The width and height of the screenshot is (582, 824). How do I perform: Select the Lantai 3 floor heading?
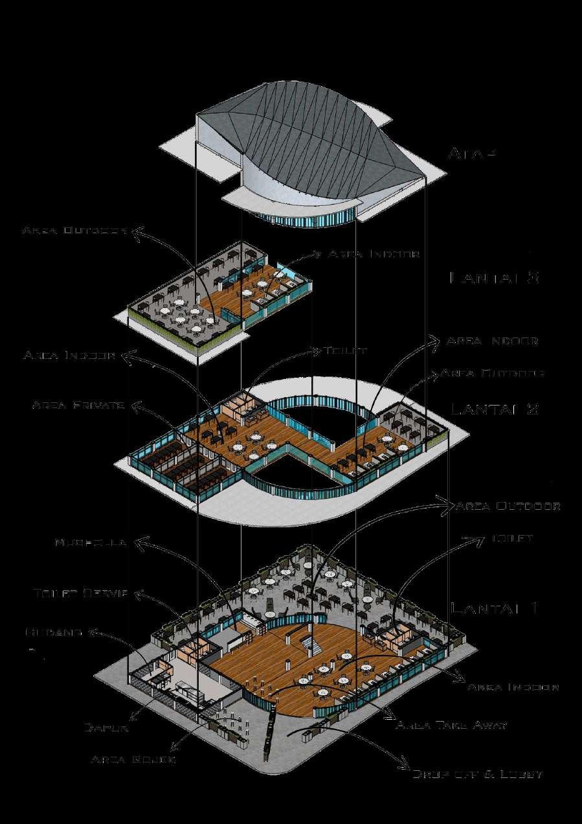[494, 278]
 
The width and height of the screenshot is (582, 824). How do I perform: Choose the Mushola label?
[90, 542]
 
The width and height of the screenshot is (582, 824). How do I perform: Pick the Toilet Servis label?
[81, 593]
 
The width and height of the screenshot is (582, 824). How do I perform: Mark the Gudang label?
[54, 631]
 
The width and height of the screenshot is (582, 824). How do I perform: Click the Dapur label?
[106, 727]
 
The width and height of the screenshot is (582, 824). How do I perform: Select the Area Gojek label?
[133, 759]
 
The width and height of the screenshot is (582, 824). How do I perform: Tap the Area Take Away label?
[451, 726]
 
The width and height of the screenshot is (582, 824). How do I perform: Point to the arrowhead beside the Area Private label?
[137, 406]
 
